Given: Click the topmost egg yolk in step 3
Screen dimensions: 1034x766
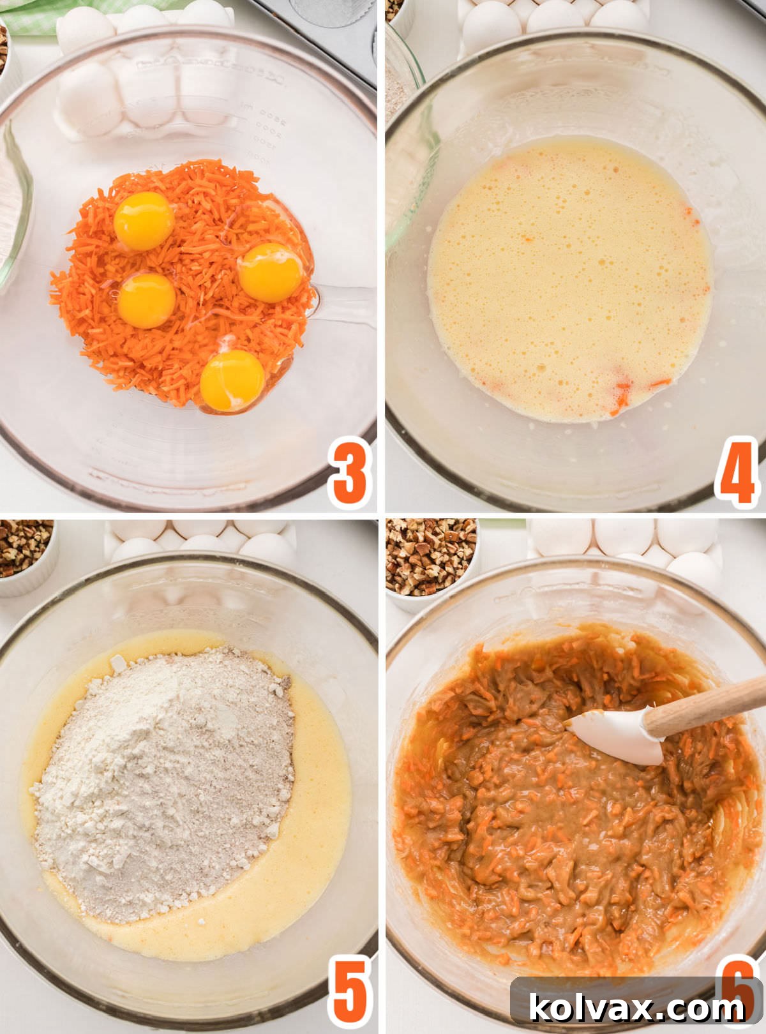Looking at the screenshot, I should tap(144, 221).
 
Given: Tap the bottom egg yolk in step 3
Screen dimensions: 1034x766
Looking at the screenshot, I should tap(232, 380).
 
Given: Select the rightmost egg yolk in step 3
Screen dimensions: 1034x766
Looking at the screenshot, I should tap(271, 273).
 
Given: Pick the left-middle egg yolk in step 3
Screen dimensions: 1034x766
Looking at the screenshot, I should tap(146, 300).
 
